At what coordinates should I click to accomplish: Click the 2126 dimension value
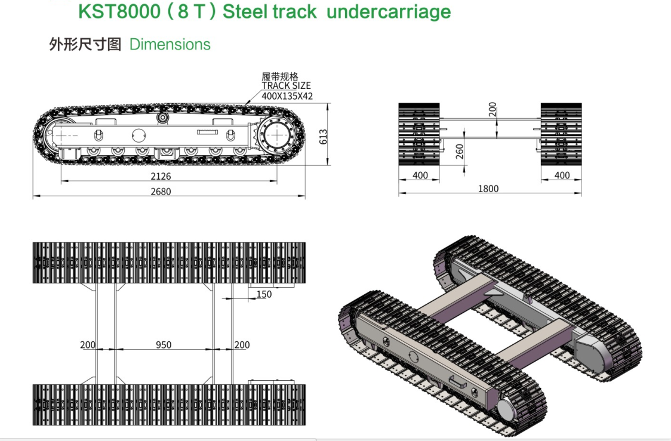[161, 176]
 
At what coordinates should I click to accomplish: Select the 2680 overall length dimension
[161, 192]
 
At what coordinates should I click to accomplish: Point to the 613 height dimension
[324, 137]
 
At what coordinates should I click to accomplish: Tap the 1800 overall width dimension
[488, 189]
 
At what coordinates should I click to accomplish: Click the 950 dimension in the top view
[164, 345]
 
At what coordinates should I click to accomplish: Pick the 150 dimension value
[264, 294]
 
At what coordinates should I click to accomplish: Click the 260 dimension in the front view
[460, 152]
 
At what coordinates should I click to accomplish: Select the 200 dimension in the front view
[493, 109]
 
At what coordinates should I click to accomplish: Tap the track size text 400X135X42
[287, 96]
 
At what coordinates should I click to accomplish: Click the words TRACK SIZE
[287, 85]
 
